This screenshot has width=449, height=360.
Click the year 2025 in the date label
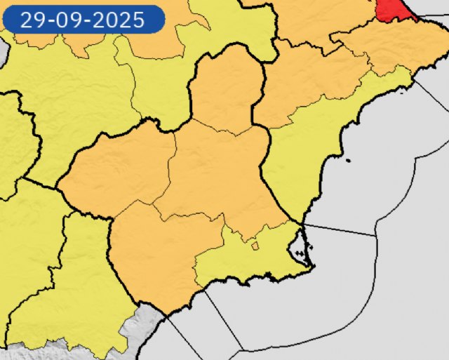tap(121, 20)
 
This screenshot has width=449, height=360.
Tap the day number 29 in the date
tap(31, 20)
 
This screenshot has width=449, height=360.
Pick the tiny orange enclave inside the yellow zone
tap(255, 246)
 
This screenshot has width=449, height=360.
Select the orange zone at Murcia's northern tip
tap(226, 88)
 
